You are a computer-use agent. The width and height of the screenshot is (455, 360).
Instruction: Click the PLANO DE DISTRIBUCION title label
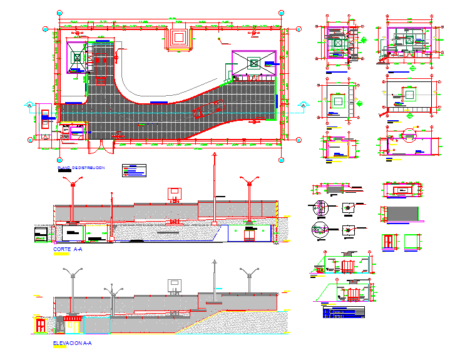[x=81, y=169]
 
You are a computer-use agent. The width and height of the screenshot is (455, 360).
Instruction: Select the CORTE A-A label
[x=68, y=249]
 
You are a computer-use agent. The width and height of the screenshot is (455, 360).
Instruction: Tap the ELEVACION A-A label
[x=73, y=343]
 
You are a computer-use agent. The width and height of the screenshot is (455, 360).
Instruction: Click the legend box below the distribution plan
[x=134, y=170]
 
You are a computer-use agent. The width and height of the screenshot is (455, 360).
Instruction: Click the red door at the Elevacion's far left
[x=40, y=325]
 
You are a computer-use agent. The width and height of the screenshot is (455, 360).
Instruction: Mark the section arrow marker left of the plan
[x=28, y=105]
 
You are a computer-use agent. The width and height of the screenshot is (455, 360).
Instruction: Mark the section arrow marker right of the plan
[x=304, y=105]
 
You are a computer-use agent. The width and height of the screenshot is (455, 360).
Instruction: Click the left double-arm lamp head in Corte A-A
[x=73, y=183]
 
